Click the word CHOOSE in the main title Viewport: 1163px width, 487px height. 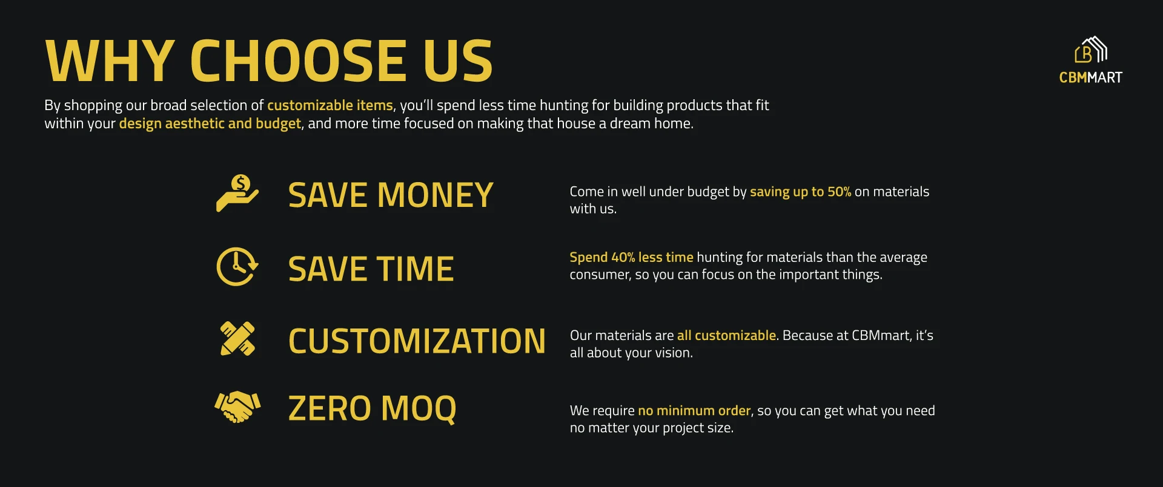pyautogui.click(x=299, y=60)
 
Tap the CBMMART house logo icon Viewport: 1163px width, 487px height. pyautogui.click(x=1091, y=50)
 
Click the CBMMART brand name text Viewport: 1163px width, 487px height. pyautogui.click(x=1090, y=77)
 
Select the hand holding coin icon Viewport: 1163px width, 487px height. pyautogui.click(x=237, y=193)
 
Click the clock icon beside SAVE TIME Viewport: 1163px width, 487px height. pyautogui.click(x=237, y=266)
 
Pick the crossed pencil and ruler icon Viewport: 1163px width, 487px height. pyautogui.click(x=237, y=338)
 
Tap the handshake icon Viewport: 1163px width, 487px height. pyautogui.click(x=237, y=407)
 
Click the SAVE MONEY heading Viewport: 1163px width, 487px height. pyautogui.click(x=391, y=195)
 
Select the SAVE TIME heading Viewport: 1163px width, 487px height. pyautogui.click(x=371, y=269)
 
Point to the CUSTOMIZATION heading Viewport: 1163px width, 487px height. pyautogui.click(x=417, y=341)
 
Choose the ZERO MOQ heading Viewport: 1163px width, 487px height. pyautogui.click(x=372, y=409)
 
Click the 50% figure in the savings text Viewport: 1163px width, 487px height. pyautogui.click(x=839, y=192)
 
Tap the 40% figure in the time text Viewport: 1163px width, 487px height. pyautogui.click(x=623, y=257)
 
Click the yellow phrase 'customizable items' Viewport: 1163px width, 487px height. pyautogui.click(x=330, y=105)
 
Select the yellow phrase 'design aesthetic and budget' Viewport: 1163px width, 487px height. pyautogui.click(x=210, y=123)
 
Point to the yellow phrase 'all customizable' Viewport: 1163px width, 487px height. pyautogui.click(x=726, y=335)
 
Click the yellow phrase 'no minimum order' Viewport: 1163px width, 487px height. pyautogui.click(x=694, y=410)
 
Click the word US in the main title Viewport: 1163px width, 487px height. pyautogui.click(x=458, y=60)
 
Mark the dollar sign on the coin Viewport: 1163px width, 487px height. pyautogui.click(x=241, y=183)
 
